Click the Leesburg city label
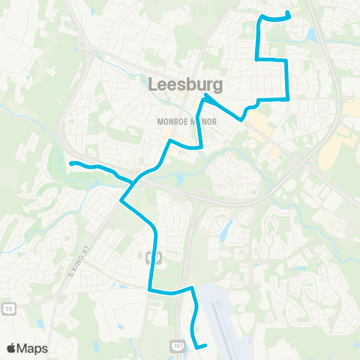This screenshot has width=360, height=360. pyautogui.click(x=180, y=85)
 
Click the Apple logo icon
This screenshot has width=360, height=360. pyautogui.click(x=12, y=348)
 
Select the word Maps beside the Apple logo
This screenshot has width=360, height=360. pyautogui.click(x=33, y=348)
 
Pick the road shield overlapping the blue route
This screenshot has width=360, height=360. pyautogui.click(x=155, y=258)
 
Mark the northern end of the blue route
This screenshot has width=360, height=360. pyautogui.click(x=289, y=11)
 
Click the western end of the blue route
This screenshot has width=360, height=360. pyautogui.click(x=71, y=163)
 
